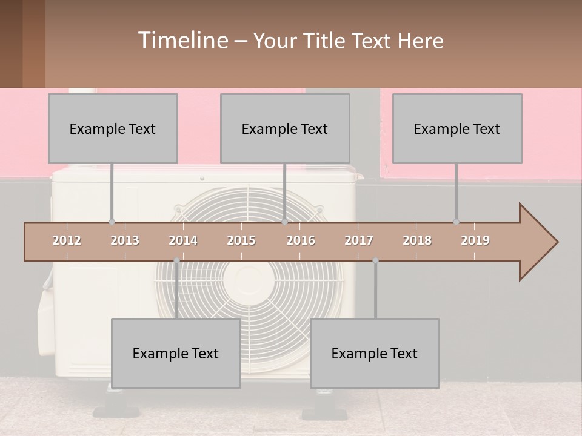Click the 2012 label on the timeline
[x=67, y=240]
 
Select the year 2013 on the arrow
[x=125, y=240]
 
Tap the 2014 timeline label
[x=183, y=240]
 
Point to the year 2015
[x=241, y=240]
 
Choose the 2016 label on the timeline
[x=301, y=240]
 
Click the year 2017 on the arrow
[x=359, y=240]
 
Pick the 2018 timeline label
[x=417, y=240]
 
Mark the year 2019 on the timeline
[x=475, y=240]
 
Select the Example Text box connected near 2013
[x=113, y=128]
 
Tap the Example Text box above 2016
[x=285, y=128]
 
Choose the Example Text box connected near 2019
[x=457, y=128]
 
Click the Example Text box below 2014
[x=176, y=353]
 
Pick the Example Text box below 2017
[x=375, y=353]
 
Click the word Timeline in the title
[x=182, y=41]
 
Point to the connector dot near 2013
[x=112, y=222]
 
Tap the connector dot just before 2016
[x=284, y=222]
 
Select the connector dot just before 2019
[x=456, y=222]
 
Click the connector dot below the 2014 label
[x=176, y=260]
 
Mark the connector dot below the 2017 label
[x=375, y=260]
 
